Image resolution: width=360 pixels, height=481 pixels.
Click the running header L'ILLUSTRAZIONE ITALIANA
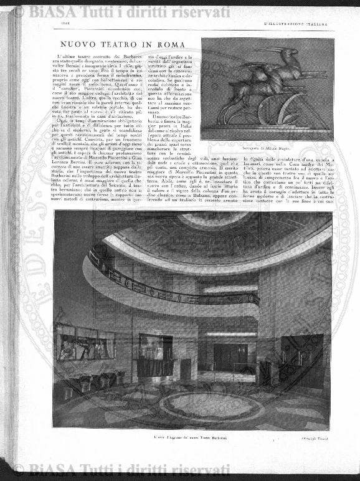[296, 24]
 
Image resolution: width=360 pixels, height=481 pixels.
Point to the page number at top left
[65, 24]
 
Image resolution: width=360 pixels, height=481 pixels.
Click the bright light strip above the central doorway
[222, 334]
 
